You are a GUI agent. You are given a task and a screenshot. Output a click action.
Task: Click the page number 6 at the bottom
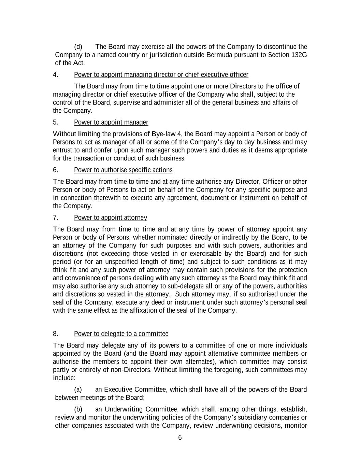[x=180, y=438]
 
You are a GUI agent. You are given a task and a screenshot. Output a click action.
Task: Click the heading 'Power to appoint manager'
[x=111, y=122]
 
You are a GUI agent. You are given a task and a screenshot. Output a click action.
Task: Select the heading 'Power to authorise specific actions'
[x=123, y=170]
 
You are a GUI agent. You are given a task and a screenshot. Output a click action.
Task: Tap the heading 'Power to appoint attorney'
[x=111, y=217]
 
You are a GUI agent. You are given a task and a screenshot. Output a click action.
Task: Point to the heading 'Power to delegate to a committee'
[x=121, y=334]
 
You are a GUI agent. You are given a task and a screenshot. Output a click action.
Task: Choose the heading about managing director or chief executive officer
[x=161, y=75]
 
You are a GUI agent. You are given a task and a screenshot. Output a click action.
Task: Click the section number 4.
[x=55, y=75]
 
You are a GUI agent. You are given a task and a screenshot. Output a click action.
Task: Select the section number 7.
[x=55, y=217]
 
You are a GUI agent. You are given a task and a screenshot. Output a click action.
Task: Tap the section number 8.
[x=55, y=334]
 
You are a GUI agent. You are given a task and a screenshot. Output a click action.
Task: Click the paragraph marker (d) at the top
[x=78, y=47]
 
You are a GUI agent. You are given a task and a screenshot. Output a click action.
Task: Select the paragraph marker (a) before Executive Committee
[x=78, y=390]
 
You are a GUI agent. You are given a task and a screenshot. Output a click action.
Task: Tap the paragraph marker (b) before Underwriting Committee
[x=78, y=409]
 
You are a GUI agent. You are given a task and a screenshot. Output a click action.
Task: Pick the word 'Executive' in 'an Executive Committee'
[x=118, y=390]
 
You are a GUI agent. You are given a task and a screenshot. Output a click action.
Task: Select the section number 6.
[x=55, y=170]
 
